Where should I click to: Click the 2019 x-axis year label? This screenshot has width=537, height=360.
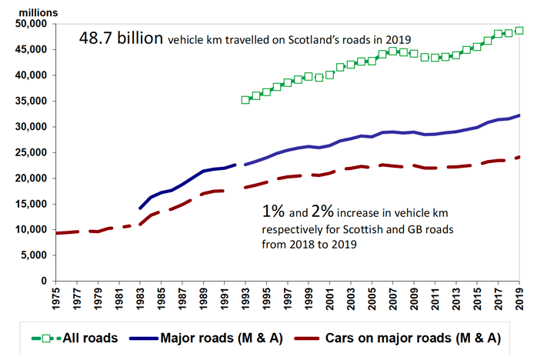pos(520,298)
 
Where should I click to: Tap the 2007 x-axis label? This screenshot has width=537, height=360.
pos(393,298)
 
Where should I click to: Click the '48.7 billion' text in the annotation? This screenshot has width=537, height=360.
pos(122,39)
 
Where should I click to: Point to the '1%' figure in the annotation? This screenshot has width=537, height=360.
pos(270,211)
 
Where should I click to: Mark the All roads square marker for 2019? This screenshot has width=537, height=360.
pos(519,31)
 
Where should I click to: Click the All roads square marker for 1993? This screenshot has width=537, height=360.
pos(245,99)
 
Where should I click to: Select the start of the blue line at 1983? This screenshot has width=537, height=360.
pos(140,208)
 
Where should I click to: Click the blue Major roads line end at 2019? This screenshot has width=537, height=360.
pos(519,115)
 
